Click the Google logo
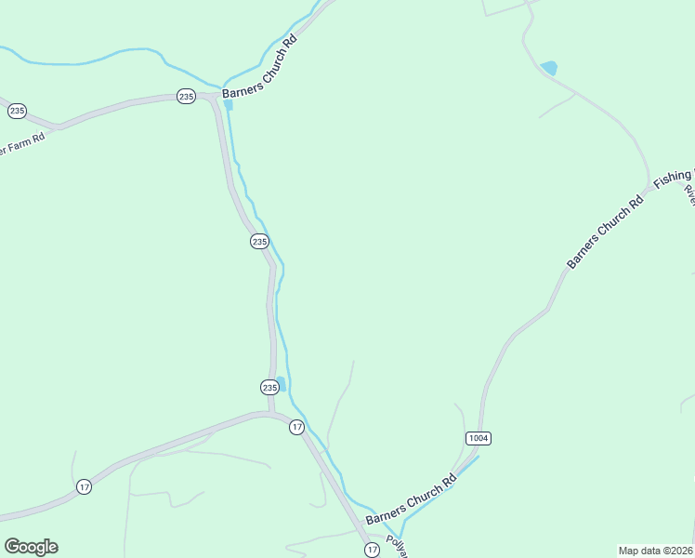point(31,547)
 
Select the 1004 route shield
point(478,438)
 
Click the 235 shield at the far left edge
point(17,111)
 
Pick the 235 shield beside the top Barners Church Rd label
point(186,97)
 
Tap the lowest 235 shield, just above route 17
point(269,387)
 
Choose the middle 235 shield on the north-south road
point(259,242)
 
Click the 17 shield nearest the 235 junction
point(296,427)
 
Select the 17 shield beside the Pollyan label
point(372,550)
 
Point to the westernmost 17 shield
point(84,487)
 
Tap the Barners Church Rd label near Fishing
point(605,232)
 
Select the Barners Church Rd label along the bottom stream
point(412,499)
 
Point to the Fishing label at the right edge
point(675,177)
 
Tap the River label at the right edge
point(689,194)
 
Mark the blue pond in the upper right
point(549,68)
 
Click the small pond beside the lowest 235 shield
point(281,381)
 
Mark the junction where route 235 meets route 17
point(271,414)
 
